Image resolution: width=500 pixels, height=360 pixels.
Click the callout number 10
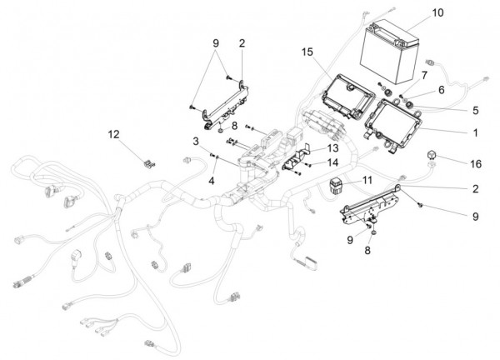pos(437,12)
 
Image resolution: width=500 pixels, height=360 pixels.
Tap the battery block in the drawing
pos(389,52)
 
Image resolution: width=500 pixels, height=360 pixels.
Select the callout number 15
pos(307,52)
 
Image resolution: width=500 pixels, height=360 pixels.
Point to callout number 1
pos(476,132)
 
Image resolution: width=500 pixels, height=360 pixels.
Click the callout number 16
pos(476,164)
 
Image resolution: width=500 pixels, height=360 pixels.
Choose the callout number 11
pos(367,180)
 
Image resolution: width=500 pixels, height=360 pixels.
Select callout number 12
pos(113,134)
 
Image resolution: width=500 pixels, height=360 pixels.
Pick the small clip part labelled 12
pos(148,164)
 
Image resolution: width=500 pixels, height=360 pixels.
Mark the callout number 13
pos(332,148)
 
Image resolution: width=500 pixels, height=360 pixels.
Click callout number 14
pos(332,162)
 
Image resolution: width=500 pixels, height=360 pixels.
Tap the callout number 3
pos(196,141)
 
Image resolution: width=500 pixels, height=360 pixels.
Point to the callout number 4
pos(212,181)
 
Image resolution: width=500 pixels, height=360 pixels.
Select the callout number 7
pos(424,76)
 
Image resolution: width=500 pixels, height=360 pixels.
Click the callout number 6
pos(442,90)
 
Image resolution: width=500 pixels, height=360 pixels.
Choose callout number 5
pos(476,110)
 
